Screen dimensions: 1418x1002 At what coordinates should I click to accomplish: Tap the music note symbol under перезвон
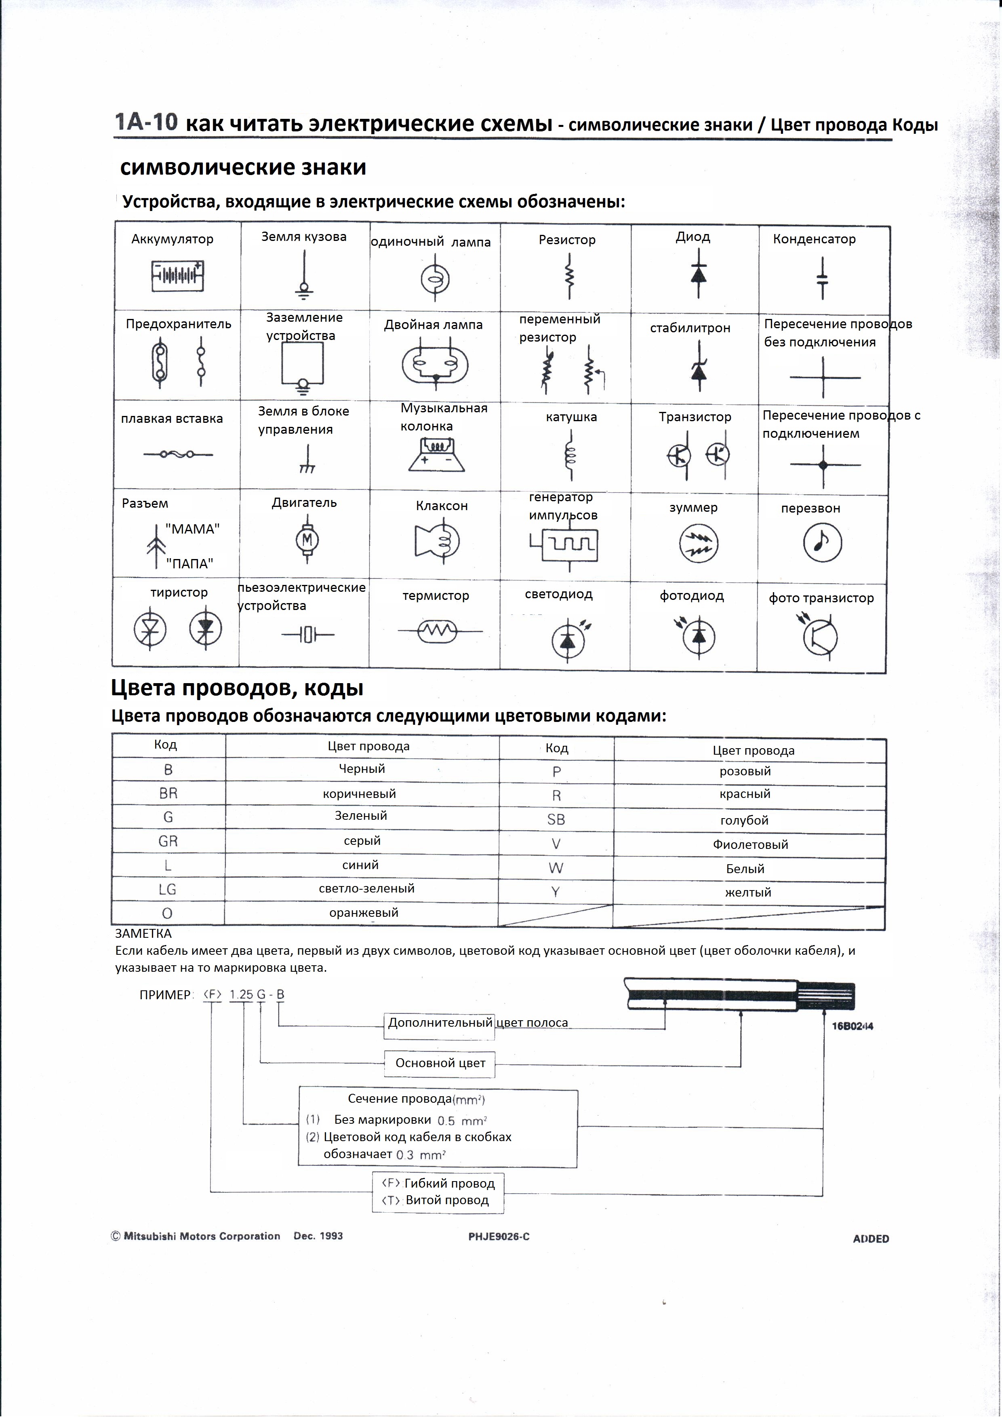tap(822, 542)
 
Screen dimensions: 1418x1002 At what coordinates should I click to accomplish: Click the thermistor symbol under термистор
tap(437, 631)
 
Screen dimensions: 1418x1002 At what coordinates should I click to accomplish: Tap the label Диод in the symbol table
tap(693, 236)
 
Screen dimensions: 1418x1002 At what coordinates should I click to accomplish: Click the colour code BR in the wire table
tap(168, 793)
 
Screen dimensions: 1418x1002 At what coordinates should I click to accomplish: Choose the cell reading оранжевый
tap(364, 912)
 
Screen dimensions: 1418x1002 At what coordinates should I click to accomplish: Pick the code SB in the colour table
tap(556, 819)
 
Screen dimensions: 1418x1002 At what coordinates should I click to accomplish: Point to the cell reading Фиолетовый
tap(750, 844)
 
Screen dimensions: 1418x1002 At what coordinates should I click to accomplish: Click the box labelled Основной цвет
tap(440, 1063)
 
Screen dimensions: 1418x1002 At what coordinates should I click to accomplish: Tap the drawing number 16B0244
tap(852, 1026)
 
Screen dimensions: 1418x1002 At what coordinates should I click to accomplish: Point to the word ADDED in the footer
tap(871, 1238)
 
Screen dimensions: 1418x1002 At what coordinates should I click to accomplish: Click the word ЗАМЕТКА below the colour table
tap(143, 933)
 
